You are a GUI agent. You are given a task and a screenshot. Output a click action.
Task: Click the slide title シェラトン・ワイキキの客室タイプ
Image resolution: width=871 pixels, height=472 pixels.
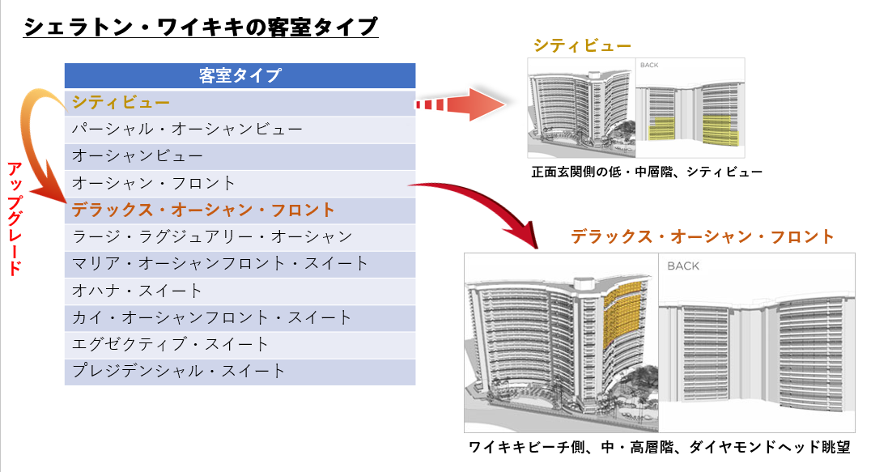pos(201,26)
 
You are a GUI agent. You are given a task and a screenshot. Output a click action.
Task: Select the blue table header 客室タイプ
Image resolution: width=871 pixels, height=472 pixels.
pos(240,75)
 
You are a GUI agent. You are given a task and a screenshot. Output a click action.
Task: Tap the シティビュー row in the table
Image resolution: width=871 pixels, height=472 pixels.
pos(240,103)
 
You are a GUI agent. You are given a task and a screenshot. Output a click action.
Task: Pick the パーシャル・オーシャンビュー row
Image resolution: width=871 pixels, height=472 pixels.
pos(240,130)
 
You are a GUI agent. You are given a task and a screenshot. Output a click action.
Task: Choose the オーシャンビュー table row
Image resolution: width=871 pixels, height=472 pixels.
pos(240,156)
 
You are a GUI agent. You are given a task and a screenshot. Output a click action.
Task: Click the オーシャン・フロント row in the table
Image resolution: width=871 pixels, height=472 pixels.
pos(240,183)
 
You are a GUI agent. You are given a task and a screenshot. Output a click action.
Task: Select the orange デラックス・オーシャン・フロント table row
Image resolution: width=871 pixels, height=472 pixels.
pos(240,210)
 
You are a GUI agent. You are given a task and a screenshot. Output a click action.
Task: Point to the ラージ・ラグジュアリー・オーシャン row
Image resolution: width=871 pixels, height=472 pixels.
pos(240,237)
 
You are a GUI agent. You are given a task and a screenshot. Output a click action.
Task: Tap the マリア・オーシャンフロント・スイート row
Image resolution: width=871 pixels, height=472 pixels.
pos(240,264)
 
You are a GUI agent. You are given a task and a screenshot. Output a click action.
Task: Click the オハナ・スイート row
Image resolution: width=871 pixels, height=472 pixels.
pos(240,291)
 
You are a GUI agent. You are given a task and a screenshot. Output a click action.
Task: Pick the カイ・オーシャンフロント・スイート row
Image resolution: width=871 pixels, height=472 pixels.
pos(240,317)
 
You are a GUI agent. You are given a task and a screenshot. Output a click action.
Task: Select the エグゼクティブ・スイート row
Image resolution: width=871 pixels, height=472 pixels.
pos(240,345)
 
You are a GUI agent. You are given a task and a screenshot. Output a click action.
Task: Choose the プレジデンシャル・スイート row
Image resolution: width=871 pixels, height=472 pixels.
pos(240,372)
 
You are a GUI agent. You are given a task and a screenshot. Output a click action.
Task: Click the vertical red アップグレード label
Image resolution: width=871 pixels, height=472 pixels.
pos(15,219)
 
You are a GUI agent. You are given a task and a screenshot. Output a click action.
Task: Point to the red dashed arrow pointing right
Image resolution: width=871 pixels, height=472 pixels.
pos(461,104)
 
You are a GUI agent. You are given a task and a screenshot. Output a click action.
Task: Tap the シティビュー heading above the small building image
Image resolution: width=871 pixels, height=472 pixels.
pos(582,45)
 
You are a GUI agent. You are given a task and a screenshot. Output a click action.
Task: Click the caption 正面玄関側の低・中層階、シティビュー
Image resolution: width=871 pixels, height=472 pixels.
pos(647,172)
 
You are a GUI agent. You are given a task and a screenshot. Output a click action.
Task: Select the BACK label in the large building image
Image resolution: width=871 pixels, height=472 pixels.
pos(683,266)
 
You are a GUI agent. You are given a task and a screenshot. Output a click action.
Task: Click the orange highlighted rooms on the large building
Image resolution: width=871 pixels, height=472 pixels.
pos(626,314)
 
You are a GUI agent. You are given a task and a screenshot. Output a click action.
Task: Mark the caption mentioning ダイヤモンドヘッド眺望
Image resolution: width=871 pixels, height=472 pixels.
pos(660,447)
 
